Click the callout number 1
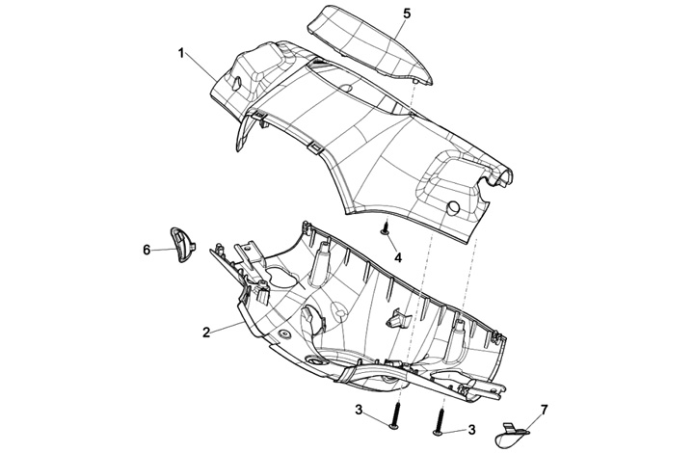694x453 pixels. click(181, 52)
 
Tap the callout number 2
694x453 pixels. click(206, 333)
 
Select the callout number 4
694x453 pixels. click(398, 258)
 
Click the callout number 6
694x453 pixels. click(147, 250)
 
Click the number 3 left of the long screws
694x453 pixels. click(359, 412)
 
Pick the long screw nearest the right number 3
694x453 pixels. click(440, 422)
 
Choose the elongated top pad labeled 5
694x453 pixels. click(371, 43)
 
